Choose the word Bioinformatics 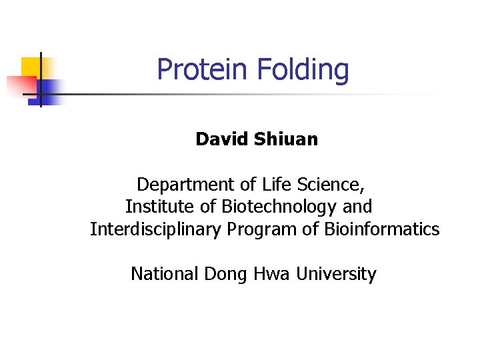point(382,229)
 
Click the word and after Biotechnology point(357,207)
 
